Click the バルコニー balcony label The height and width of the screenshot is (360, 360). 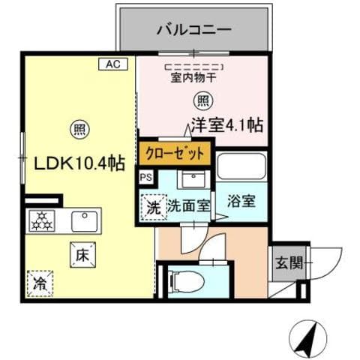pyautogui.click(x=193, y=31)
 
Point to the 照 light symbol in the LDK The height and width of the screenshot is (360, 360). pyautogui.click(x=79, y=129)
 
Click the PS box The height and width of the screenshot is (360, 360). pyautogui.click(x=145, y=177)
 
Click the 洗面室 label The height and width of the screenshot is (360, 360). pyautogui.click(x=187, y=203)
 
